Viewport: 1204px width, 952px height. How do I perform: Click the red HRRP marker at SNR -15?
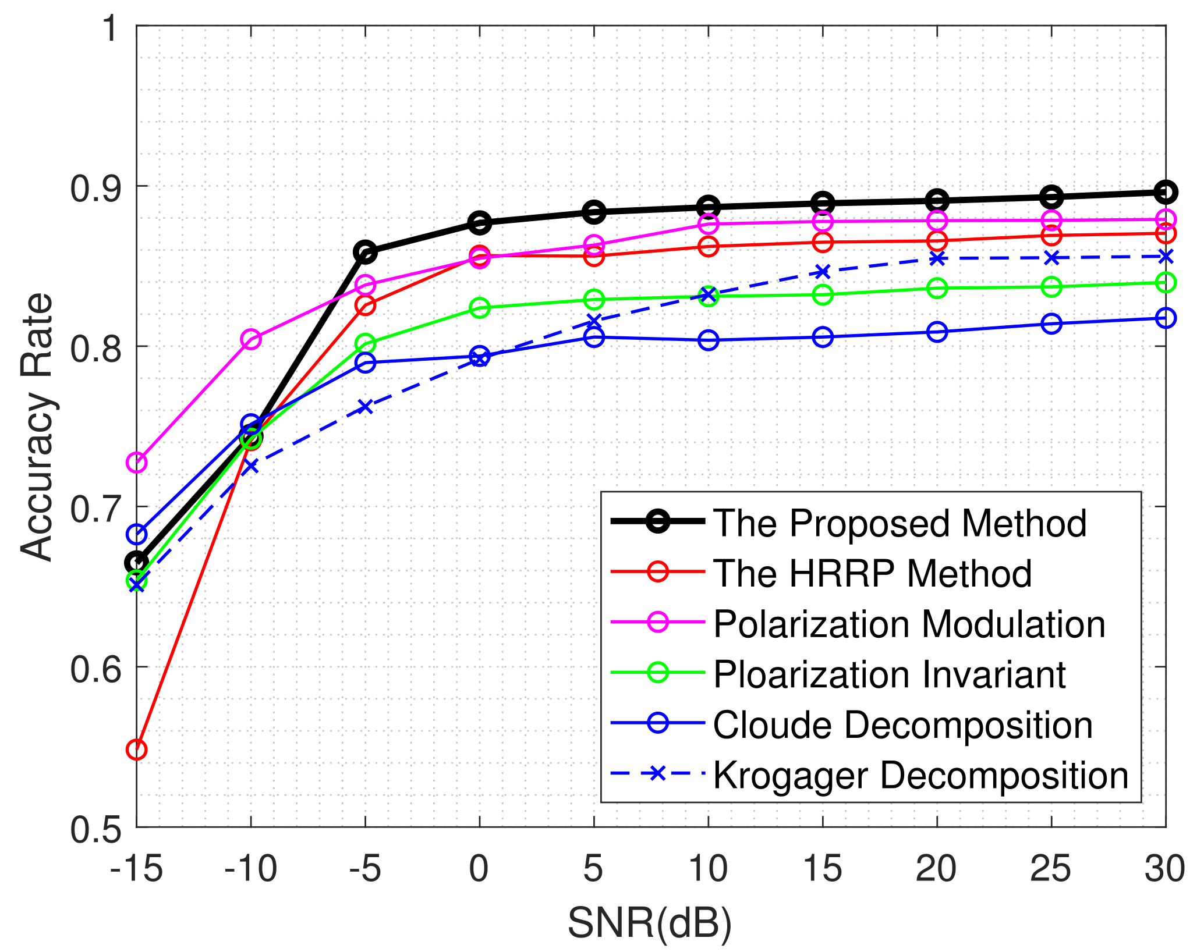click(136, 749)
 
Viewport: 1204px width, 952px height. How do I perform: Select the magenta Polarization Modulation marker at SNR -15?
click(136, 463)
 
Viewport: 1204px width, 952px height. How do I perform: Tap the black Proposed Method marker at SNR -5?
click(365, 252)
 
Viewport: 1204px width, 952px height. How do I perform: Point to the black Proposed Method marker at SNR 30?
click(1165, 192)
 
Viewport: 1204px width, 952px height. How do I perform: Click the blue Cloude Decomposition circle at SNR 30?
click(1165, 318)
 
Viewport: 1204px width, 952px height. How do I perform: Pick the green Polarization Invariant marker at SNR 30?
click(1165, 283)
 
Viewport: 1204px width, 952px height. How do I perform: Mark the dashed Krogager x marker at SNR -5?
click(365, 406)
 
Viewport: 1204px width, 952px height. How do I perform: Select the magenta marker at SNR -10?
click(251, 339)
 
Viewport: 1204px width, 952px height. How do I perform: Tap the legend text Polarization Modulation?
click(909, 624)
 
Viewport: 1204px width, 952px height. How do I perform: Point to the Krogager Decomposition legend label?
click(920, 775)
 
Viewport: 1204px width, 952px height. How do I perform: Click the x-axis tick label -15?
click(136, 869)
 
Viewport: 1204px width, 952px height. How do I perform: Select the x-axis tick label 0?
click(479, 869)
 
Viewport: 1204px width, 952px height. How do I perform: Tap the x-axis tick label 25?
click(1051, 869)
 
